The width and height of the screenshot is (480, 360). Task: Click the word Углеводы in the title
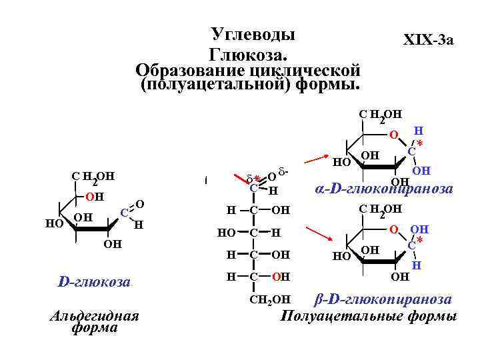253,34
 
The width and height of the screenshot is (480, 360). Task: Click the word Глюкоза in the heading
248,53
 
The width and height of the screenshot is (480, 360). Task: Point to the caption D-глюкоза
94,283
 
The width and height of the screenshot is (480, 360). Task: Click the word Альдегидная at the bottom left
94,315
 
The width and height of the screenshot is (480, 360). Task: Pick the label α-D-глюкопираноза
383,189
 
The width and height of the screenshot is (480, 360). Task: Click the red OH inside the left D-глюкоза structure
95,197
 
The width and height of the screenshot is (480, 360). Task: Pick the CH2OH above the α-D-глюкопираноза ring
380,115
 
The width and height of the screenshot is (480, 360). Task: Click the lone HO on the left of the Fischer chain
227,233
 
